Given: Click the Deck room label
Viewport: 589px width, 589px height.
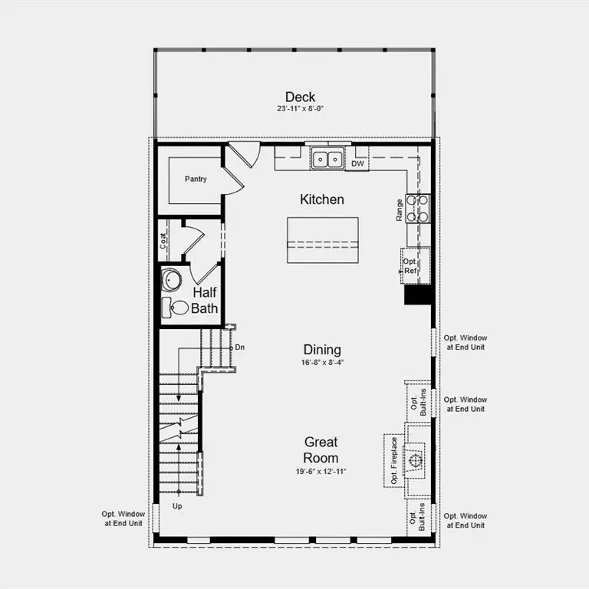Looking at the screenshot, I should pyautogui.click(x=300, y=97).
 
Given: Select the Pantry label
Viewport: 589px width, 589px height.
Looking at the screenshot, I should pyautogui.click(x=196, y=179).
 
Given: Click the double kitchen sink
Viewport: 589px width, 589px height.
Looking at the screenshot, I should pyautogui.click(x=327, y=160).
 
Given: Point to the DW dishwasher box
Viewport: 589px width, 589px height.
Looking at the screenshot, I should pyautogui.click(x=357, y=163).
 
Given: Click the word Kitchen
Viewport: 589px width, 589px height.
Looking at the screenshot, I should pyautogui.click(x=321, y=199).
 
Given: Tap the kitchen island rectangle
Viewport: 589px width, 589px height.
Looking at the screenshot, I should pyautogui.click(x=322, y=240).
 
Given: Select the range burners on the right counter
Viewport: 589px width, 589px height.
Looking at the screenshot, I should pyautogui.click(x=418, y=208).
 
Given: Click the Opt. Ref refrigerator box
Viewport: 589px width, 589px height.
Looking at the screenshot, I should pyautogui.click(x=411, y=265).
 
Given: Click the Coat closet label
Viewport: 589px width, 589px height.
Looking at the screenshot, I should pyautogui.click(x=163, y=241).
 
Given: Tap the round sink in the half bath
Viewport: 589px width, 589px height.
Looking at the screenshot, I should pyautogui.click(x=171, y=280).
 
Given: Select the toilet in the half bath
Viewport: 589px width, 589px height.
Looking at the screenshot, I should pyautogui.click(x=177, y=308).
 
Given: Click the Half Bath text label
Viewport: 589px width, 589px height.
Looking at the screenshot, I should pyautogui.click(x=205, y=300).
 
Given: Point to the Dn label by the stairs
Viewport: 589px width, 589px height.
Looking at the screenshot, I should pyautogui.click(x=239, y=347).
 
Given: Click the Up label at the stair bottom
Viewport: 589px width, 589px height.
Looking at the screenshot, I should pyautogui.click(x=177, y=507).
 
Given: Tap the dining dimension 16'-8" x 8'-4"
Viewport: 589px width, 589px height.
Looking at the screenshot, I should pyautogui.click(x=321, y=363).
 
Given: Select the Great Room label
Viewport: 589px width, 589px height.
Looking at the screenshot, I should pyautogui.click(x=321, y=450).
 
